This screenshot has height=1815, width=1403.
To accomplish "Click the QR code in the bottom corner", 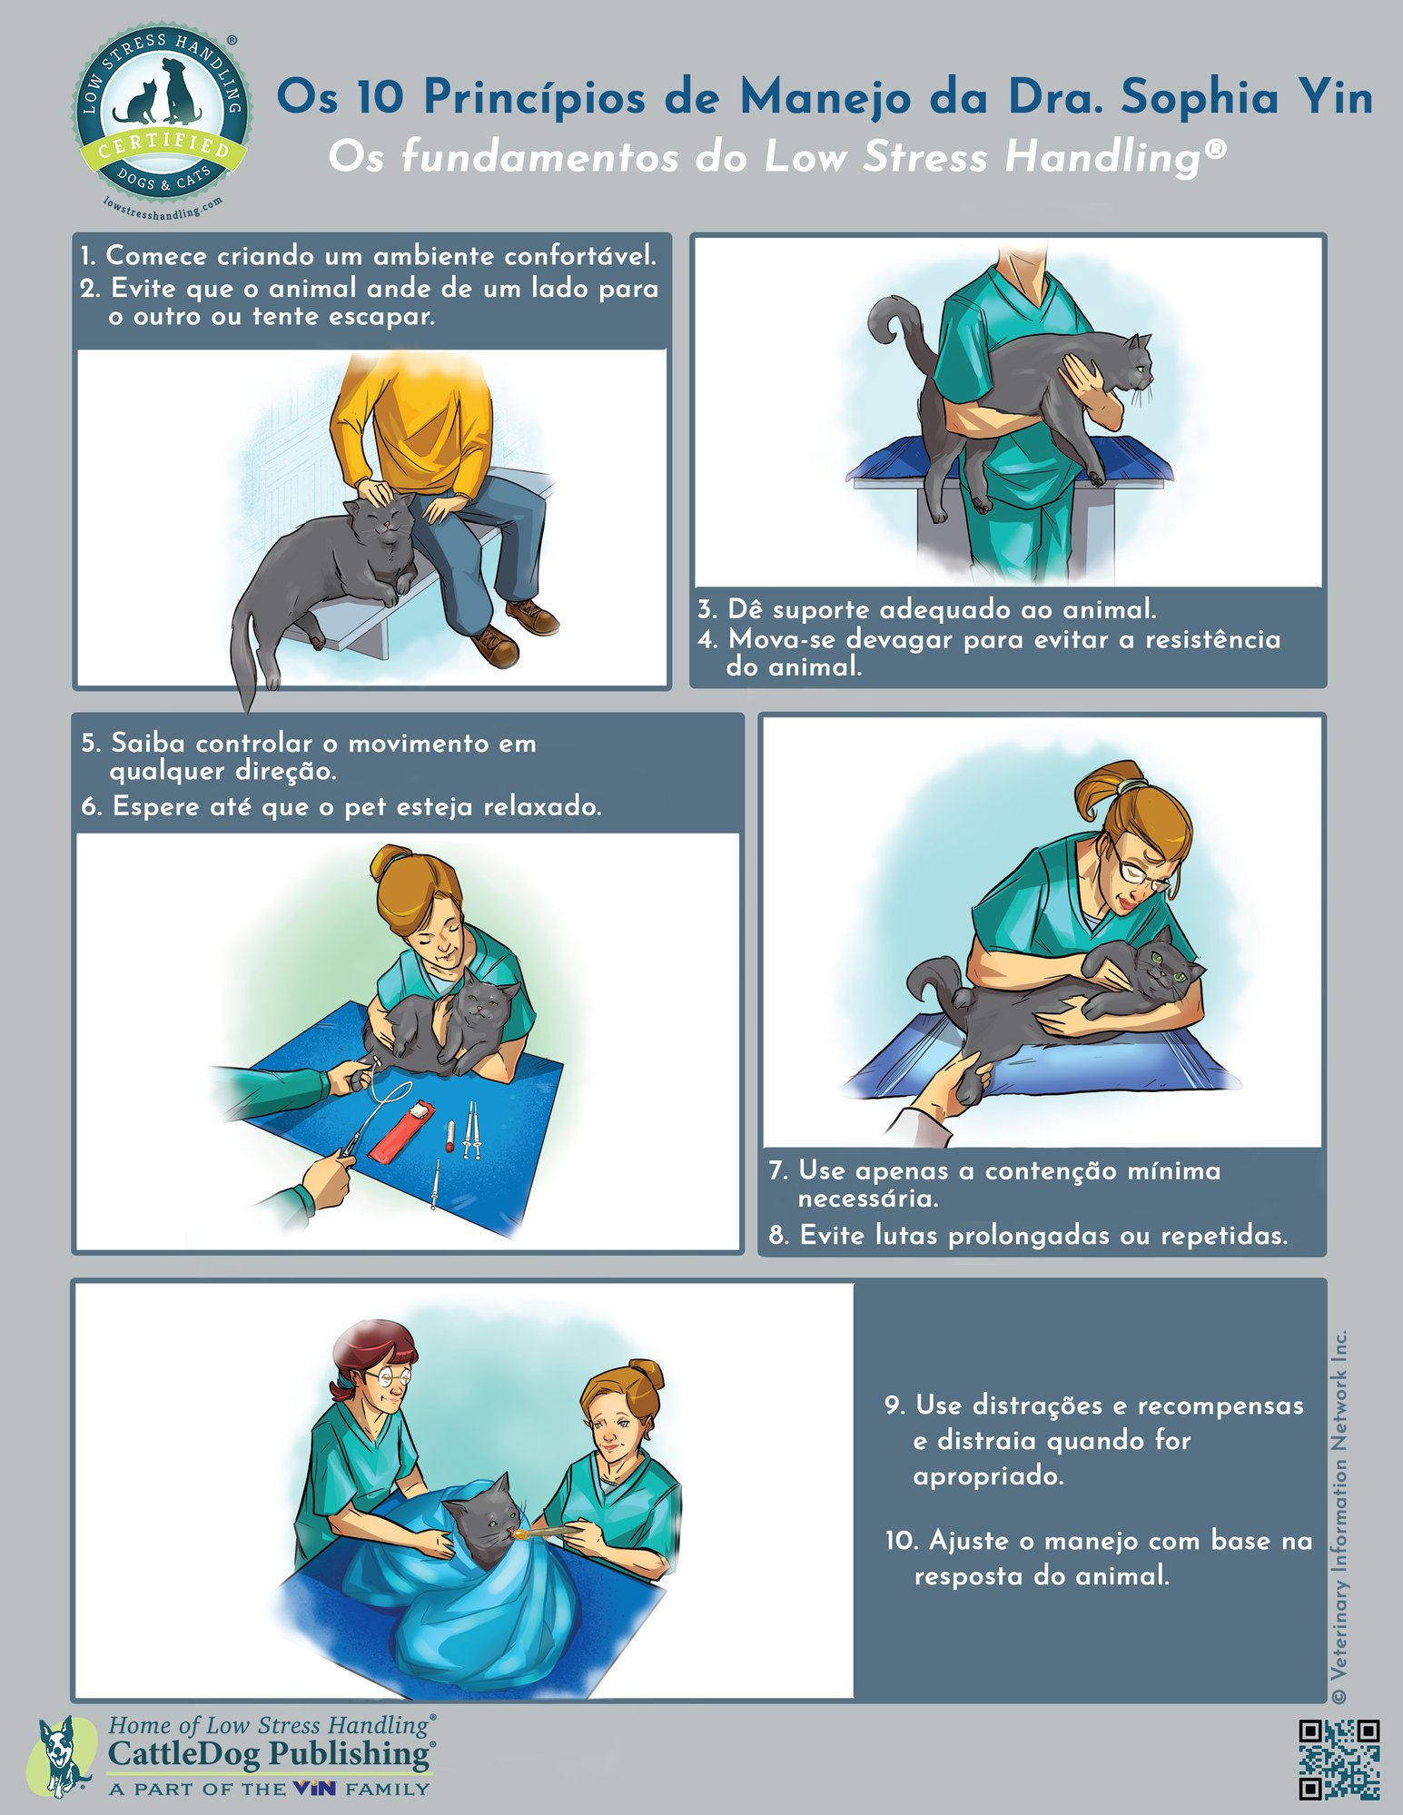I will [1339, 1759].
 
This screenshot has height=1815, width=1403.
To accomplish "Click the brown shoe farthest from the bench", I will [495, 646].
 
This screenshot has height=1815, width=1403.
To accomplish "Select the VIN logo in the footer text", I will [314, 1789].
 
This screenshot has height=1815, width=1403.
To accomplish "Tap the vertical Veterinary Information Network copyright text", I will [1339, 1516].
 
